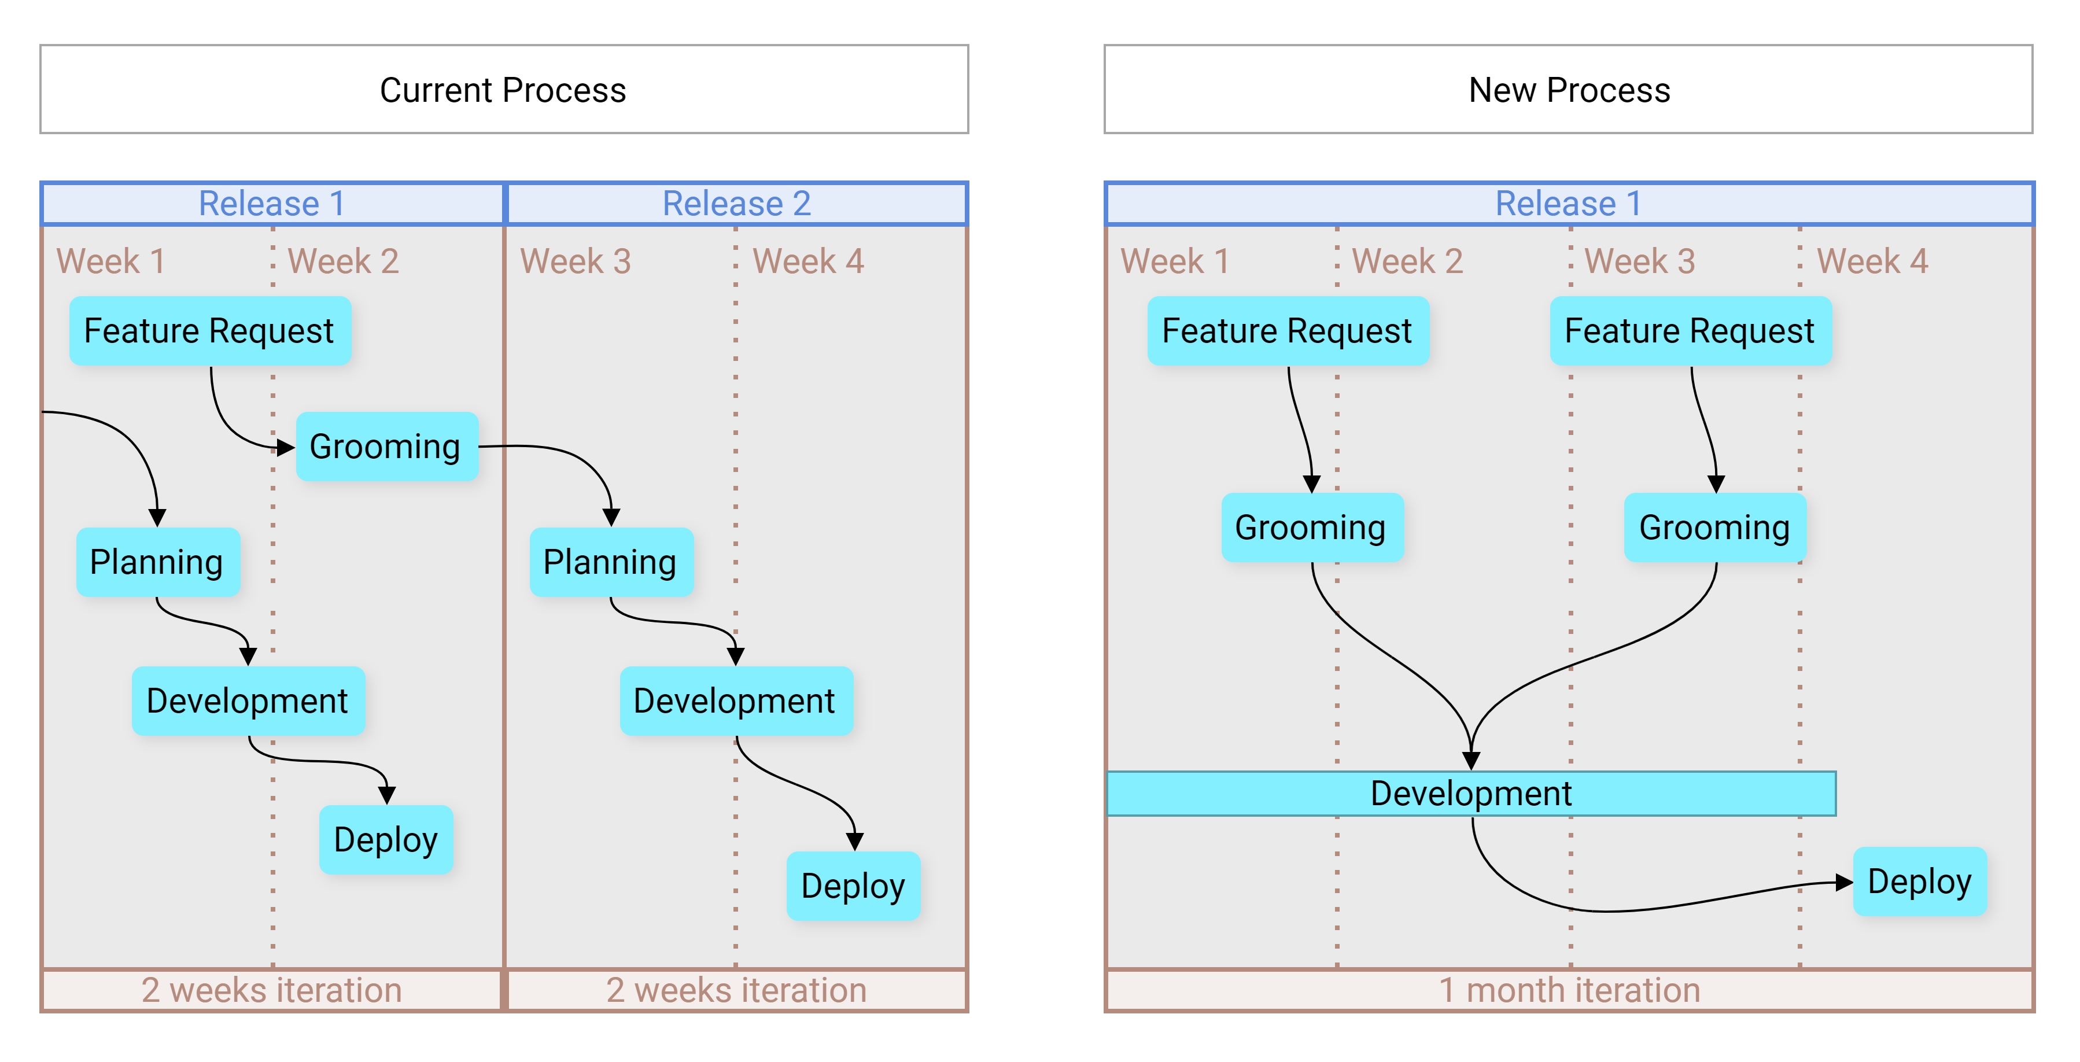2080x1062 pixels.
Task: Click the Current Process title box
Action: [x=504, y=89]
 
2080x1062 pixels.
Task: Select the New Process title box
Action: [x=1568, y=89]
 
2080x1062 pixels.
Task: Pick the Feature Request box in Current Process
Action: [x=210, y=331]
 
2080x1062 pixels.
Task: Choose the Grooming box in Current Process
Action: [x=387, y=447]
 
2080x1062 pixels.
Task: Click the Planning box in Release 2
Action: [x=611, y=562]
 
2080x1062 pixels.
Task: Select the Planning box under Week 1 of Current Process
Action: [x=157, y=562]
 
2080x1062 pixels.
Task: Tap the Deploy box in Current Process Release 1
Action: [x=386, y=840]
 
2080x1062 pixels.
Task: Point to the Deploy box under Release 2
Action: [x=854, y=886]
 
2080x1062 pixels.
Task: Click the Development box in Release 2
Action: [x=736, y=701]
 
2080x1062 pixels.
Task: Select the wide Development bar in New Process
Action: [x=1471, y=794]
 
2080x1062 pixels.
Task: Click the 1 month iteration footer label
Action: [x=1569, y=990]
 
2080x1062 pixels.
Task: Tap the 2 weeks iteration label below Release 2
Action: [x=736, y=990]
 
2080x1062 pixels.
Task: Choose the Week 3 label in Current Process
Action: [x=576, y=261]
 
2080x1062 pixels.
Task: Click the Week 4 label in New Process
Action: [x=1872, y=261]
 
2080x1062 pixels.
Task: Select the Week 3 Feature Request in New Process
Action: [x=1691, y=331]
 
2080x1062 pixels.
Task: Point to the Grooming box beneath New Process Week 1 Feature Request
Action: [x=1312, y=528]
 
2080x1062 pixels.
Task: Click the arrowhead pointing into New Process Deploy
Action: [x=1844, y=883]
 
